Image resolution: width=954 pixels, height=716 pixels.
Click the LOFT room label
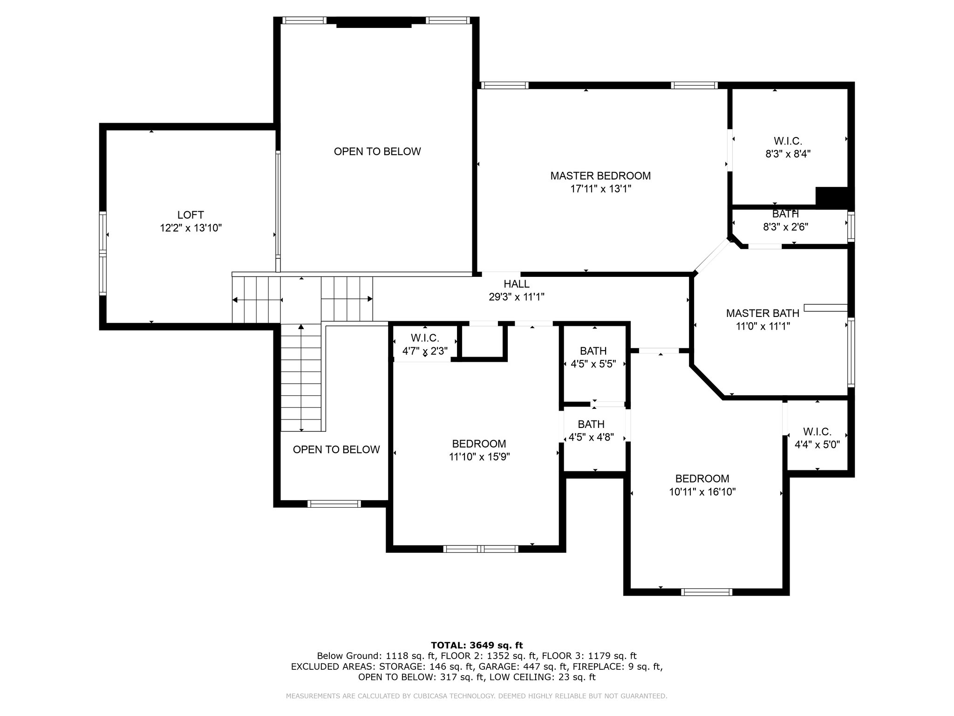[x=191, y=215]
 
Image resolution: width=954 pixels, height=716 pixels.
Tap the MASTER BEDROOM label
[x=600, y=176]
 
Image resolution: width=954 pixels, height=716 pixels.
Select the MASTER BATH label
[x=763, y=313]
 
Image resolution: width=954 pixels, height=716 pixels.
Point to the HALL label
[x=517, y=284]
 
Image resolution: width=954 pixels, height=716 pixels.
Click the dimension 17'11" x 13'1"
[x=600, y=189]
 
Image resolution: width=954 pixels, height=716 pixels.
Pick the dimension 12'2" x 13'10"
[x=191, y=228]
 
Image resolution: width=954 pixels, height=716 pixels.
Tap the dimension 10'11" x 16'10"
[x=702, y=492]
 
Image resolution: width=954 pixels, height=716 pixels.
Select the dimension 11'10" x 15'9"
[x=479, y=457]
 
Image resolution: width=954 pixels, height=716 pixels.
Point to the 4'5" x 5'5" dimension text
[x=593, y=364]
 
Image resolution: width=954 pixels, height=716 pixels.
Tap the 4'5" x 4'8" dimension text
[x=591, y=437]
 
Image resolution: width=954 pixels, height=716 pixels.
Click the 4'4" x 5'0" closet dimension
[x=817, y=445]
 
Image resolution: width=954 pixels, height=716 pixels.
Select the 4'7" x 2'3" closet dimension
[x=425, y=351]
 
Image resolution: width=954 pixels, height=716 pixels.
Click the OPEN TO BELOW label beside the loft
[x=377, y=151]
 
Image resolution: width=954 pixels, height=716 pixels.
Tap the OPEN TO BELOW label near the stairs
[x=336, y=449]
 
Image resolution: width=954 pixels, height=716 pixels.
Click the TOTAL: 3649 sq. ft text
[x=477, y=646]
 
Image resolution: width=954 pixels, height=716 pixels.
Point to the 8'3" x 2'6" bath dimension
[x=785, y=227]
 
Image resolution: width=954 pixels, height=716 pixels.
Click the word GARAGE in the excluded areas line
[x=496, y=667]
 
